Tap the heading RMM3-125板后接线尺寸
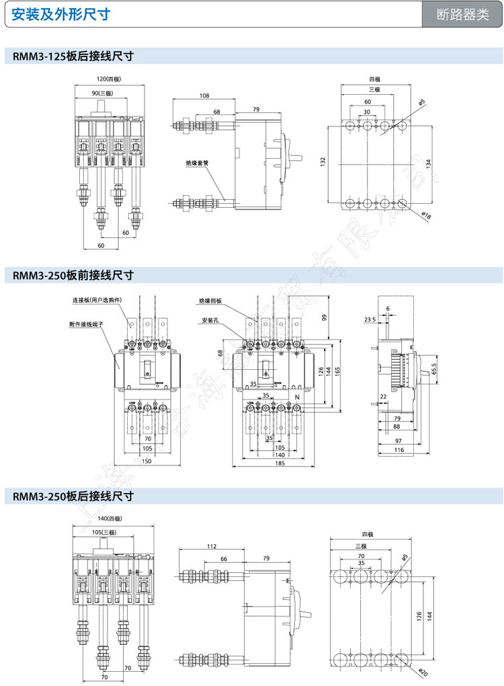[73, 56]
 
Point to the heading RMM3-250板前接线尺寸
[73, 274]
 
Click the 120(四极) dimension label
[109, 79]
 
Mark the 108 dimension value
[204, 96]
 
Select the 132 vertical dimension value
[323, 162]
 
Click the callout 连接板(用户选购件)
[98, 300]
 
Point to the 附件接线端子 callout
[87, 323]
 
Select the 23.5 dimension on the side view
[370, 320]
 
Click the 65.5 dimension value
[433, 370]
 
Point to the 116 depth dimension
[398, 449]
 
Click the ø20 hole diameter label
[423, 671]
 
